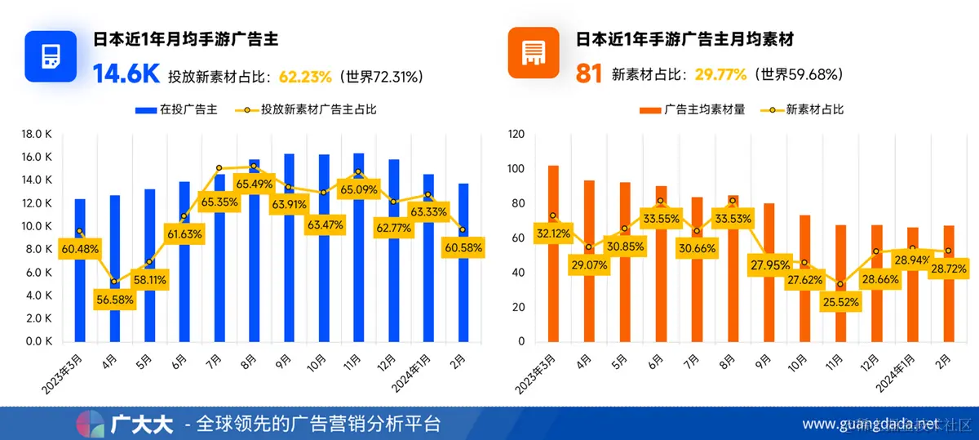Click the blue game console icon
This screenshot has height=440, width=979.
pyautogui.click(x=51, y=56)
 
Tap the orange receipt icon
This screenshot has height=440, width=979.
pyautogui.click(x=534, y=54)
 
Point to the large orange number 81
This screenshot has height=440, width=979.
pyautogui.click(x=588, y=75)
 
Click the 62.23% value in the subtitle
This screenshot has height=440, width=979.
pyautogui.click(x=305, y=77)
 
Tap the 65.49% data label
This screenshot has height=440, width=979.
pyautogui.click(x=254, y=184)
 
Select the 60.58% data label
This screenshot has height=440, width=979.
pyautogui.click(x=463, y=247)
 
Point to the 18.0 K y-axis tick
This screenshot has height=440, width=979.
pyautogui.click(x=38, y=134)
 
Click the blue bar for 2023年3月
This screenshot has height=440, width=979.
pyautogui.click(x=79, y=269)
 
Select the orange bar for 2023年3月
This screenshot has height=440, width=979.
pyautogui.click(x=553, y=253)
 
